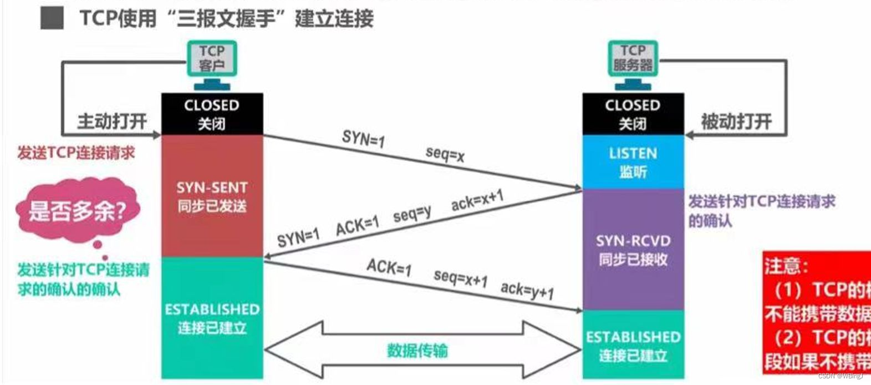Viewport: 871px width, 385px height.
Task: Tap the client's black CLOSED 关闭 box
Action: (x=212, y=114)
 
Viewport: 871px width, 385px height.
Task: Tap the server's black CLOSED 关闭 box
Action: (x=633, y=114)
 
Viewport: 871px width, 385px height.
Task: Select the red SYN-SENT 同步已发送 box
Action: (x=212, y=196)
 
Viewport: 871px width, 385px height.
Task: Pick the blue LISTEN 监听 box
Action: (x=633, y=162)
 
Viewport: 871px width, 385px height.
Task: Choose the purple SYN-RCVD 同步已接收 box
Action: (x=633, y=250)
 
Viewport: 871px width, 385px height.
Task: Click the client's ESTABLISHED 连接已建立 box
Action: (x=212, y=318)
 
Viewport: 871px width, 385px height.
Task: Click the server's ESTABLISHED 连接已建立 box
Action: (x=633, y=345)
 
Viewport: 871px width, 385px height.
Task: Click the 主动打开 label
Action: (x=112, y=120)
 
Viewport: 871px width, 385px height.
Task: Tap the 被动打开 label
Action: (x=736, y=120)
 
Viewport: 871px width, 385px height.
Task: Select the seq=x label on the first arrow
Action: (x=445, y=154)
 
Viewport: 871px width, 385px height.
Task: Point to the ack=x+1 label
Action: (x=477, y=200)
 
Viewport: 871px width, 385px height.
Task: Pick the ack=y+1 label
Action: (x=527, y=289)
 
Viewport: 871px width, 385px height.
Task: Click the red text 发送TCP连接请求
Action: (x=76, y=153)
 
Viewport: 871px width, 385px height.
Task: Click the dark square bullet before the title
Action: (x=52, y=18)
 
